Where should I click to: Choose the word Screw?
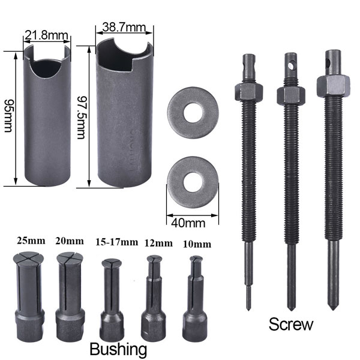291,325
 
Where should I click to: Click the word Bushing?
118,349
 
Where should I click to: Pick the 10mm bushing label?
195,244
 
